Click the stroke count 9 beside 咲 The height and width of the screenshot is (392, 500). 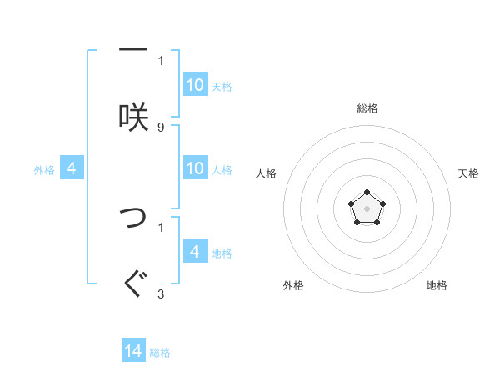pos(161,127)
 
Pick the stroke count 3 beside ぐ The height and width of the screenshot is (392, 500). pos(161,294)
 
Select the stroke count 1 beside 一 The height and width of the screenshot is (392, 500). pos(161,60)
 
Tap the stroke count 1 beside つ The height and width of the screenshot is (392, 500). pos(161,226)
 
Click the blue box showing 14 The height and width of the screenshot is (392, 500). pos(133,351)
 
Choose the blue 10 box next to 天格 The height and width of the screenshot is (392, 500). pos(195,85)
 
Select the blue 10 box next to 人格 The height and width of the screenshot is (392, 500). pos(195,168)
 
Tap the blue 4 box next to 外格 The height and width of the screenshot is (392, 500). pos(72,168)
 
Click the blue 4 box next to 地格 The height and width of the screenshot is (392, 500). pos(195,251)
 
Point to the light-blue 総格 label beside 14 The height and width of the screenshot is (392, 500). pos(160,353)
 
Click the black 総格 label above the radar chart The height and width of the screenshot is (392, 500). pos(367,108)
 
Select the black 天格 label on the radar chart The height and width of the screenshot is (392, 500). pos(469,173)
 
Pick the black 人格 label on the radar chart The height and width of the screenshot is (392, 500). pos(267,173)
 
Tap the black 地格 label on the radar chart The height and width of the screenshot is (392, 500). pos(437,285)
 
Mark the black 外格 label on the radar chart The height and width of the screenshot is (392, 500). pos(293,285)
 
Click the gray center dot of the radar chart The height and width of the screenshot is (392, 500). pos(367,207)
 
